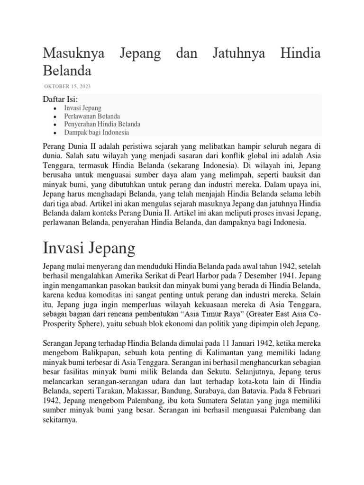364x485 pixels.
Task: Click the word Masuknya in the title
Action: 73,54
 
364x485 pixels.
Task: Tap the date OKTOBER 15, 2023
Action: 67,86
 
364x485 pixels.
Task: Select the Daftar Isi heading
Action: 60,99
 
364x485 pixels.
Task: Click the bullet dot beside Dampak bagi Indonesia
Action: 55,133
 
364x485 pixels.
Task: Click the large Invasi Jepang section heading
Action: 89,248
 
